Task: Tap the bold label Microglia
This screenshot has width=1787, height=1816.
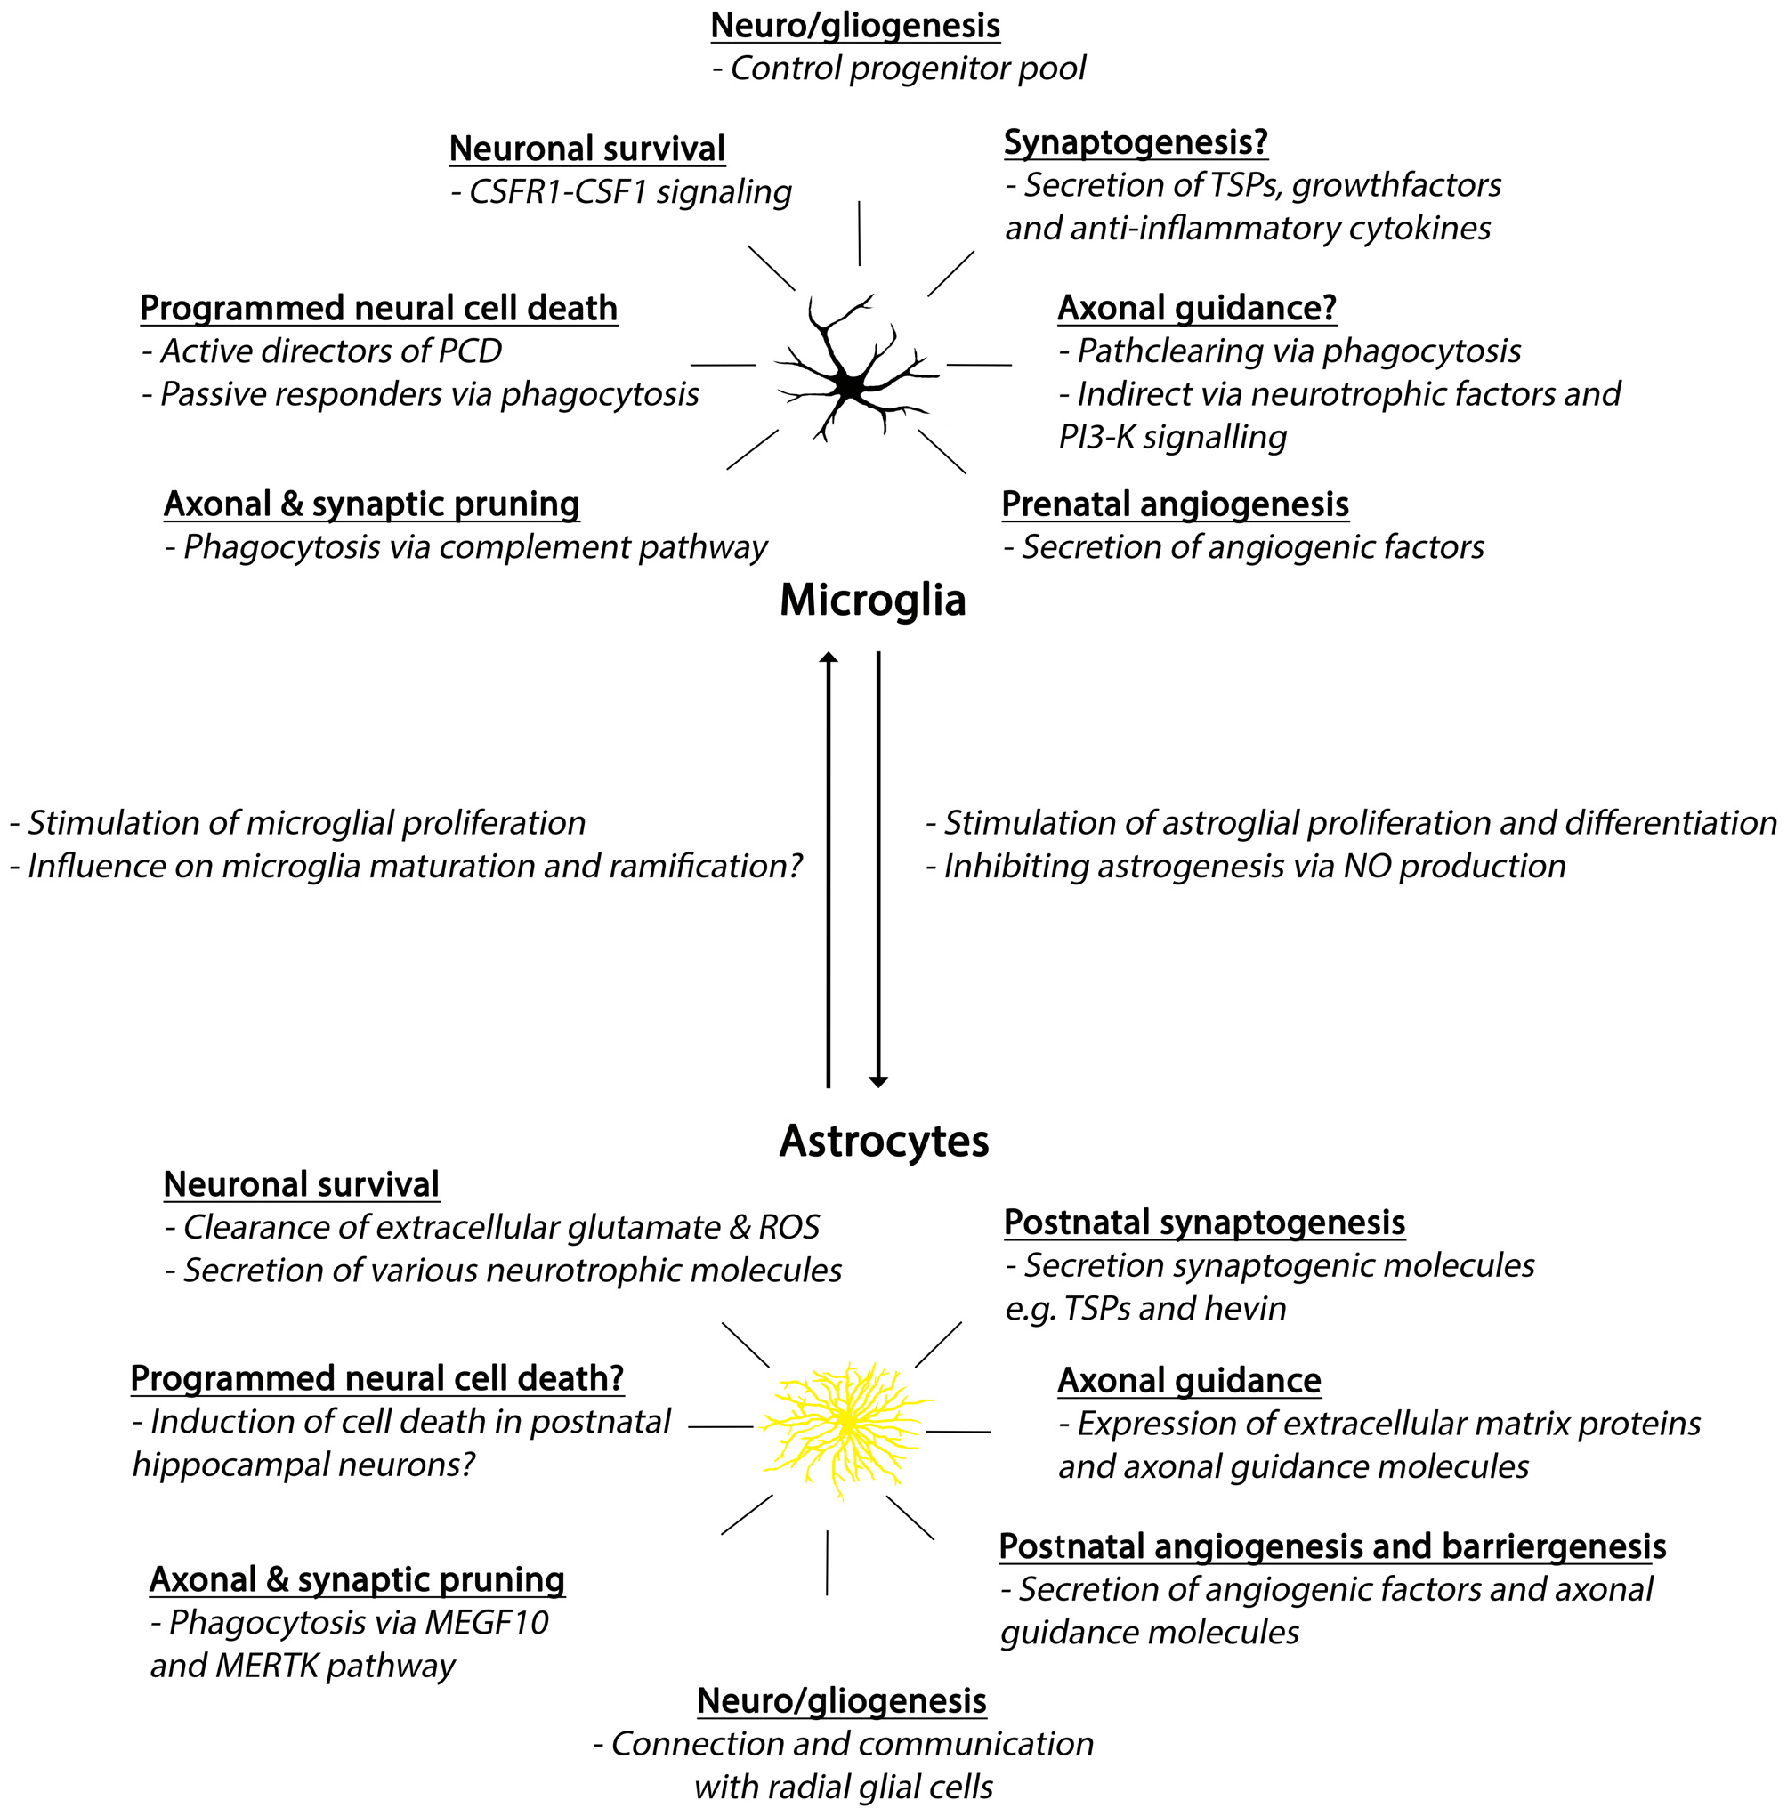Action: tap(872, 601)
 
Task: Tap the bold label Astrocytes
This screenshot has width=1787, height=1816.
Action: tap(883, 1142)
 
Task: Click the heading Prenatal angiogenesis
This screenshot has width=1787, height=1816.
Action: tap(1174, 504)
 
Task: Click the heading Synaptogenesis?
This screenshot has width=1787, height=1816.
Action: tap(1136, 142)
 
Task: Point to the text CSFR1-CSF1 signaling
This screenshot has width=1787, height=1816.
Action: tap(630, 192)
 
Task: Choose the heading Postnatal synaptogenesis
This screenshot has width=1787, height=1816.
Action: tap(1204, 1222)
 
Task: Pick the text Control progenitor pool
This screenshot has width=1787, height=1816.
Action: tap(907, 69)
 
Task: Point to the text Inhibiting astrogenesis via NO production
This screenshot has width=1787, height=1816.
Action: tap(1254, 866)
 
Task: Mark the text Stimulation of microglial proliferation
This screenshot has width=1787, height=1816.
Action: tap(306, 823)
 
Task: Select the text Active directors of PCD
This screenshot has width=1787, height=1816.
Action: tap(330, 351)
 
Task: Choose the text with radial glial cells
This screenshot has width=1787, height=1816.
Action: tap(843, 1786)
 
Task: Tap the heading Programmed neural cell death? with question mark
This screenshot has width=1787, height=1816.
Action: tap(376, 1377)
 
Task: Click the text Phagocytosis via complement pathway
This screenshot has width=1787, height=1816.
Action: tap(474, 547)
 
